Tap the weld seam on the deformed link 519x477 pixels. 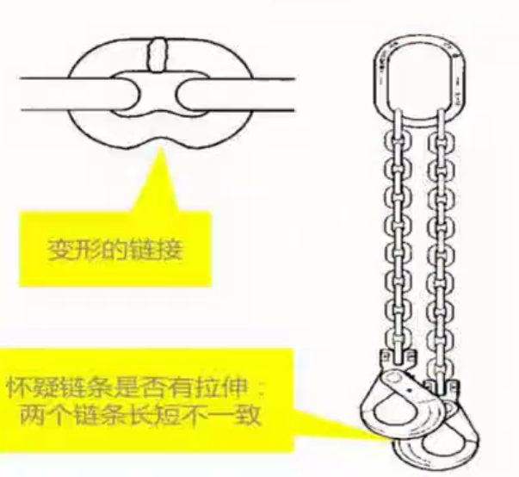(x=158, y=54)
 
